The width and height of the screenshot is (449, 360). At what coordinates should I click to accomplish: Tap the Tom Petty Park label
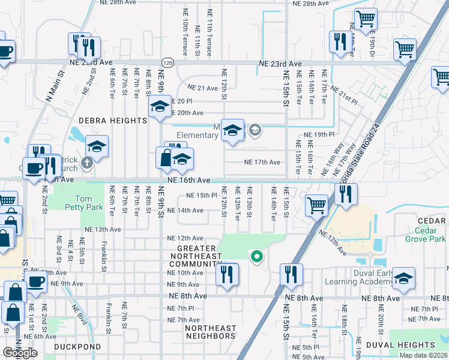[x=91, y=204]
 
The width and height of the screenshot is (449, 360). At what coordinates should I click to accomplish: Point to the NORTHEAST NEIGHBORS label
[x=210, y=332]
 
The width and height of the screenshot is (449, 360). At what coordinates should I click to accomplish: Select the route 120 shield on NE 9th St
[x=167, y=62]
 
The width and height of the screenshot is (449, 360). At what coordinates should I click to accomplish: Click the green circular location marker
[x=257, y=257]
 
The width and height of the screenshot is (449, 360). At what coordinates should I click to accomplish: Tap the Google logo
[x=19, y=353]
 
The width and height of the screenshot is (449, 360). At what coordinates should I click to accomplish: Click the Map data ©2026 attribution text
[x=424, y=355]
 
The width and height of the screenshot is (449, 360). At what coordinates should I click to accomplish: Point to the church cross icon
[x=87, y=162]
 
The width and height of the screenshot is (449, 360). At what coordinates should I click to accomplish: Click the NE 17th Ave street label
[x=262, y=162]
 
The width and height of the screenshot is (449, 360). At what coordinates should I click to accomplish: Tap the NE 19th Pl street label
[x=318, y=135]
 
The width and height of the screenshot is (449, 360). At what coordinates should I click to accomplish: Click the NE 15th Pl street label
[x=201, y=196]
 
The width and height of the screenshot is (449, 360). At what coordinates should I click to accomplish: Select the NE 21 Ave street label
[x=203, y=88]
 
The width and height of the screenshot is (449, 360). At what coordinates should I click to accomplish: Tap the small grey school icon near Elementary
[x=255, y=130]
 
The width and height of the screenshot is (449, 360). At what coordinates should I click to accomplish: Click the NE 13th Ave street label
[x=103, y=229]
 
